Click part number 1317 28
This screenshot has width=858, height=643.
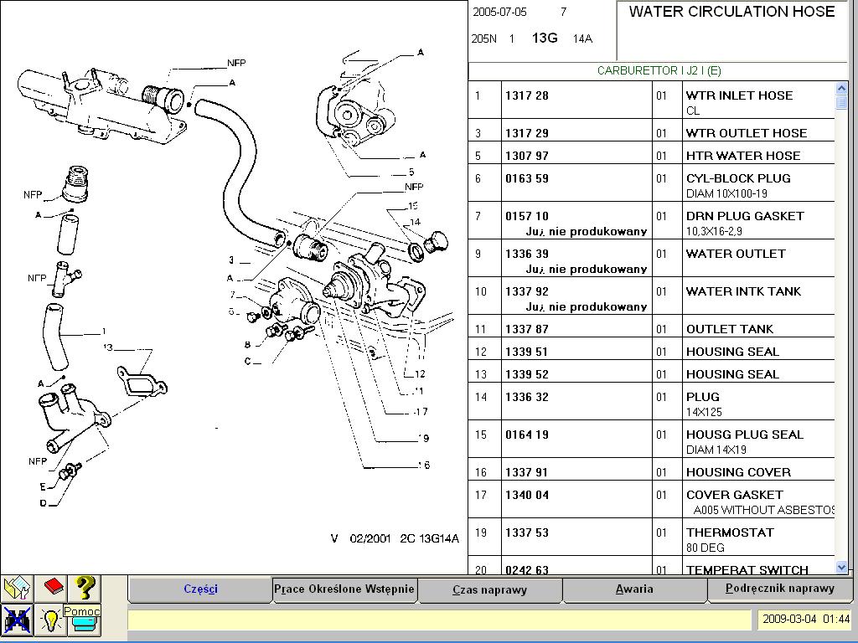(x=527, y=95)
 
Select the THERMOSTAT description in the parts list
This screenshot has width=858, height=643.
(x=729, y=532)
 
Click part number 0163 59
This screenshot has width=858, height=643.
(x=527, y=178)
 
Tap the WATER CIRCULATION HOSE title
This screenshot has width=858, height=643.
(x=731, y=12)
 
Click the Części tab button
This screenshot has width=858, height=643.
(x=200, y=589)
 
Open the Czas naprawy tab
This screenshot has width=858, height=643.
(x=489, y=589)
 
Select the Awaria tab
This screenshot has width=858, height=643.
(x=633, y=589)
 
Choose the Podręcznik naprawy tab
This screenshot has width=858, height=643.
(x=779, y=588)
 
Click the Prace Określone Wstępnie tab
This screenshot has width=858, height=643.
(x=344, y=589)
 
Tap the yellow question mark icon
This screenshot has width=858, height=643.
(x=85, y=588)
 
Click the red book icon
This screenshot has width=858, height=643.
(x=54, y=586)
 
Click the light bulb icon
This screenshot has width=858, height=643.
(x=51, y=620)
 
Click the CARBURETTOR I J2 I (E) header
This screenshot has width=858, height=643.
(x=659, y=71)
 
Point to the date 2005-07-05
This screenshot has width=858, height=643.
(x=500, y=13)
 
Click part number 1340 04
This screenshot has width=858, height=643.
(x=527, y=495)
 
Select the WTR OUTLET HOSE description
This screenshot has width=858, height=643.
(x=746, y=133)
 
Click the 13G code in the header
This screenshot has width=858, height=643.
(x=545, y=39)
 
